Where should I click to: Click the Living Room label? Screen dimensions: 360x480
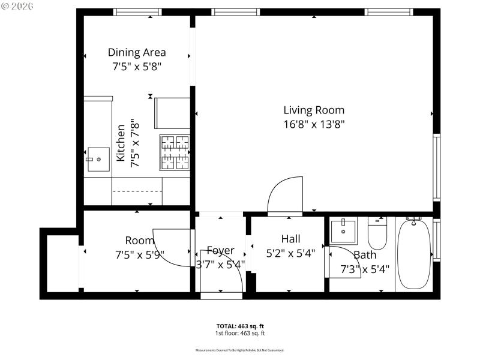[x=314, y=110]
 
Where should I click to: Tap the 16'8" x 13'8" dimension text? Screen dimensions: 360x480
[x=314, y=124]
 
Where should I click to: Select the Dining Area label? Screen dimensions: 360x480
[x=137, y=52]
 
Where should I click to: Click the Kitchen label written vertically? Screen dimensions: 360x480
[x=121, y=143]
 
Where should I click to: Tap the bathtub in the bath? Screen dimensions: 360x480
[x=413, y=254]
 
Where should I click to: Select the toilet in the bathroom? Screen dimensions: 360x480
[x=377, y=235]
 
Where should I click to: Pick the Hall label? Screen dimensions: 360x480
[x=290, y=239]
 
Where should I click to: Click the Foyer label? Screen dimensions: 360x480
[x=220, y=250]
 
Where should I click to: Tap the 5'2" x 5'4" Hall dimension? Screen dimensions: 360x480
[x=290, y=253]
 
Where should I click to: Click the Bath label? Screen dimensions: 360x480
[x=365, y=254]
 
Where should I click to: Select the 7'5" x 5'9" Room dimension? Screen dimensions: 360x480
[x=139, y=254]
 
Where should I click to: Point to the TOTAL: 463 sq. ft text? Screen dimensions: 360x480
[x=240, y=326]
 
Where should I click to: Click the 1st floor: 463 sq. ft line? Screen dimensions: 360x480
[x=240, y=333]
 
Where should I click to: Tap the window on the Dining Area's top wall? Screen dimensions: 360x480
[x=137, y=12]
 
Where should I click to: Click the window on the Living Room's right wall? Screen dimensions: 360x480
[x=436, y=167]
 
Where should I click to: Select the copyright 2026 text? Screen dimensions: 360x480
[x=18, y=6]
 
